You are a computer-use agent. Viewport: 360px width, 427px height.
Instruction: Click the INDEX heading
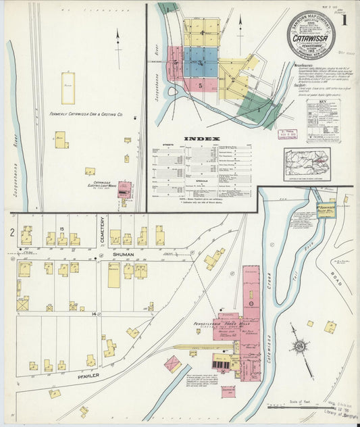203,139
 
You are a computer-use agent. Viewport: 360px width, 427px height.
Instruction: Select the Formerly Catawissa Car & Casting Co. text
86,115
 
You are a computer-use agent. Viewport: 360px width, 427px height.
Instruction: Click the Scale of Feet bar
297,406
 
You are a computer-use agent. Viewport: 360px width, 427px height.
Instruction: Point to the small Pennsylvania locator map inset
307,164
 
